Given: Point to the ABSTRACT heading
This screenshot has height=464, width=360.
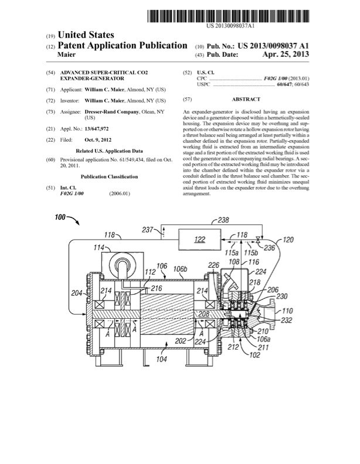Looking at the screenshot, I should pyautogui.click(x=246, y=100).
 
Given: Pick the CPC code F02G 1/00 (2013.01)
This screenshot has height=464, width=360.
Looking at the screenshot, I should pyautogui.click(x=287, y=78).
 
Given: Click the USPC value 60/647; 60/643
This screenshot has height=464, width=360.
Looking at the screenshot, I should pyautogui.click(x=293, y=84).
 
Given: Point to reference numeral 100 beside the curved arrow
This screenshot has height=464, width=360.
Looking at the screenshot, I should pyautogui.click(x=61, y=218).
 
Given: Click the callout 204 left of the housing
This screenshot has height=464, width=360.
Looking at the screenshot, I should pyautogui.click(x=75, y=294).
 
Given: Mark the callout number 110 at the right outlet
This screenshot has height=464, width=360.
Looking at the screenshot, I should pyautogui.click(x=287, y=311).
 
